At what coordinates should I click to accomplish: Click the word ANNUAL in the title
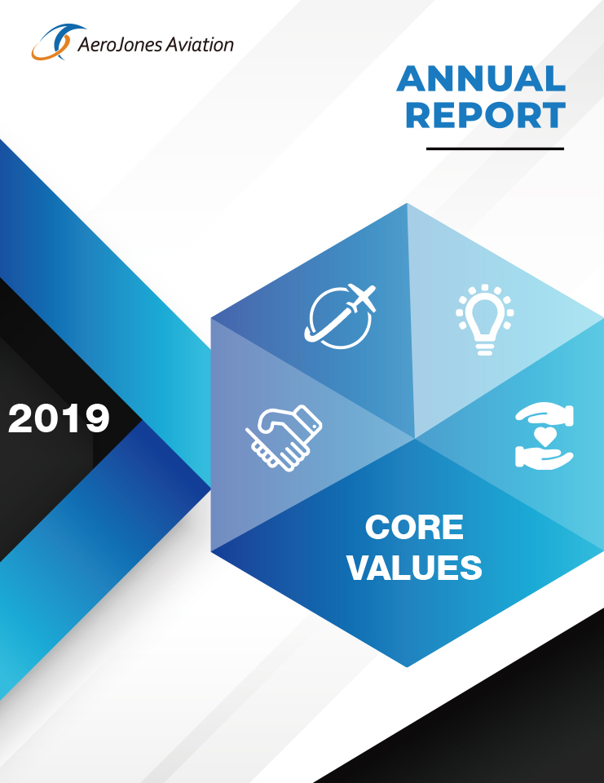(481, 78)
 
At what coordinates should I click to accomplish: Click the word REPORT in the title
(486, 115)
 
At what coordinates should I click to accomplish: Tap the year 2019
(59, 418)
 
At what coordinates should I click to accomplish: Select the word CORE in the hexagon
(414, 527)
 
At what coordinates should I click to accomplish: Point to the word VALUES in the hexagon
(414, 568)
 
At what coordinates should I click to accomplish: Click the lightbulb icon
(485, 320)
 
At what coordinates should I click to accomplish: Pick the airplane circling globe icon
(341, 316)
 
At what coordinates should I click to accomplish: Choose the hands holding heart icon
(544, 436)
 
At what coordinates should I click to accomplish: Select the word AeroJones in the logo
(120, 45)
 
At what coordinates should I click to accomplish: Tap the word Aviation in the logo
(200, 44)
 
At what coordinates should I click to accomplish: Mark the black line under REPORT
(495, 148)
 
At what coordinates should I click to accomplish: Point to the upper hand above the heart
(544, 414)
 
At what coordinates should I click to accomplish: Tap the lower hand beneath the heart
(544, 458)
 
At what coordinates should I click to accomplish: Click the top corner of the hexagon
(407, 203)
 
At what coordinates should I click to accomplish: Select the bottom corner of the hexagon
(407, 667)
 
